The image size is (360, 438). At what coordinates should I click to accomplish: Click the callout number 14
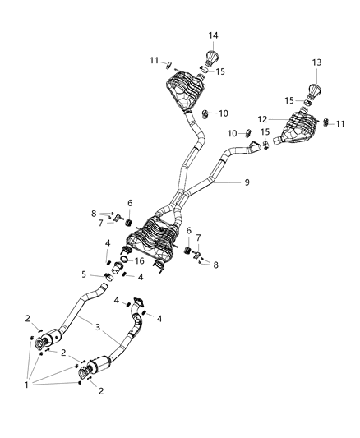[x=213, y=35]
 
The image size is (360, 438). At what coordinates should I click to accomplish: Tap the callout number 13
[x=316, y=63]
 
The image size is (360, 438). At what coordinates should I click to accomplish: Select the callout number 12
[x=284, y=118]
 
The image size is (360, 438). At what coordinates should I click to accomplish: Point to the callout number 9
[x=245, y=183]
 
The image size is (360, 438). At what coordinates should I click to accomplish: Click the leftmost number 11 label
[x=153, y=60]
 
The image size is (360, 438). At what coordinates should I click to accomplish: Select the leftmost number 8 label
[x=95, y=213]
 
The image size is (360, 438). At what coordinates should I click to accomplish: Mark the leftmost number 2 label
[x=27, y=319]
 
